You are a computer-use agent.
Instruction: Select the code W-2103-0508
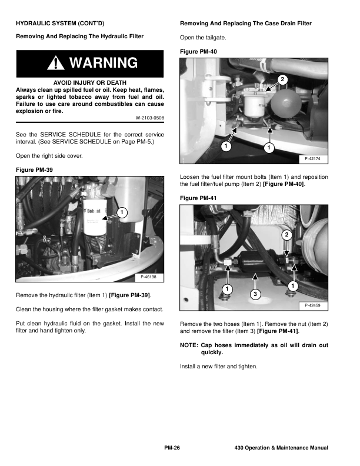point(149,118)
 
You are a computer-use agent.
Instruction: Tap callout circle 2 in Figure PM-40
point(282,79)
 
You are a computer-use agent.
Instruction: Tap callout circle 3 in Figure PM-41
point(255,293)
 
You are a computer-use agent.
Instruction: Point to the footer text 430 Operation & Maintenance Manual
point(281,448)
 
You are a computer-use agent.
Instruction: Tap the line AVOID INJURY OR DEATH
point(89,82)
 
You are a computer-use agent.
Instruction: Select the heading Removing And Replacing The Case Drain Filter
point(245,24)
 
